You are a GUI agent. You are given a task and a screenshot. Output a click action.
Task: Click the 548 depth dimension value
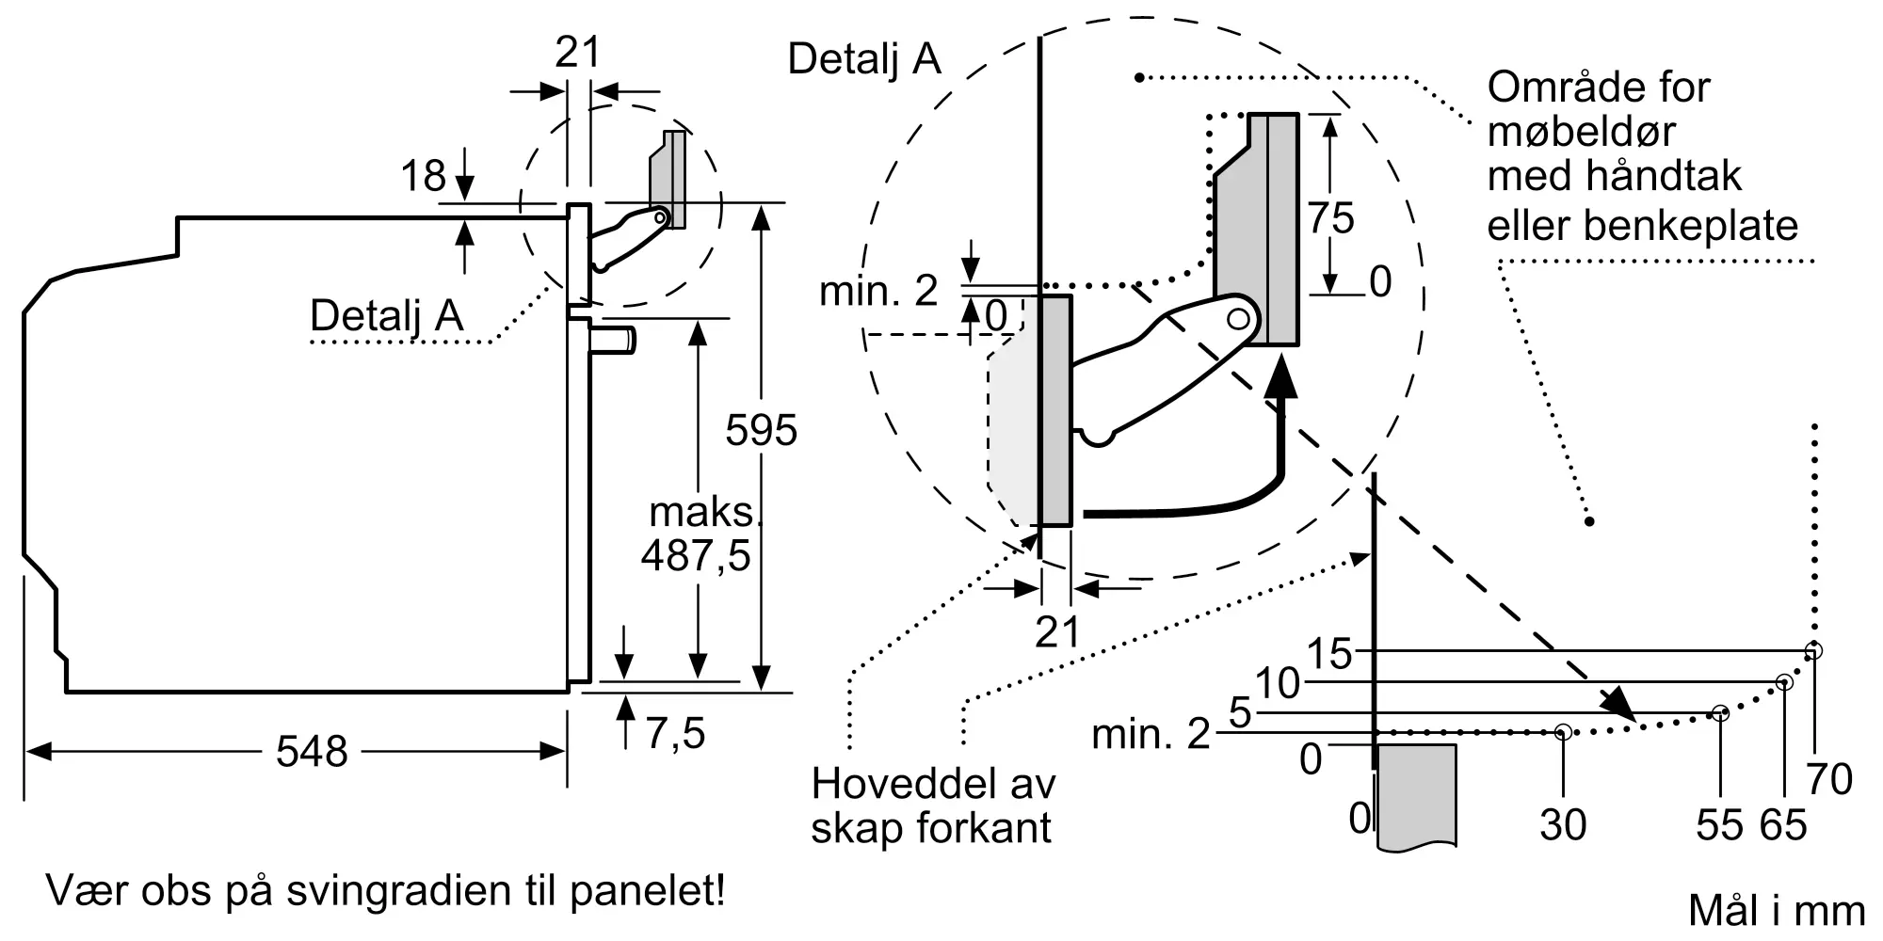point(312,752)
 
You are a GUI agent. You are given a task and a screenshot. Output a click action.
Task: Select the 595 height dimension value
point(761,430)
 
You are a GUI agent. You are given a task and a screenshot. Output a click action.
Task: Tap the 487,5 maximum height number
point(696,555)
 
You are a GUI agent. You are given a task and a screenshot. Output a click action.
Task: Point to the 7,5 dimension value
point(675,733)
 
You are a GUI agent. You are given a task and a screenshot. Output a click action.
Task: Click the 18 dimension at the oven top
point(423,176)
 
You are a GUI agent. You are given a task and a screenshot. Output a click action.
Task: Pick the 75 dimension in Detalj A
point(1330,218)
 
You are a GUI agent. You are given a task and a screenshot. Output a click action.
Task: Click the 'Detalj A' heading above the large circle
point(864,58)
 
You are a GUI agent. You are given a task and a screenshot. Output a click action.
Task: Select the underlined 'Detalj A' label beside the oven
point(387,315)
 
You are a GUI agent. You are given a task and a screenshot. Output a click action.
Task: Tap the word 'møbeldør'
point(1581,131)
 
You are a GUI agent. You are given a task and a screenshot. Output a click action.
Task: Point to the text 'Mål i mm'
point(1777,911)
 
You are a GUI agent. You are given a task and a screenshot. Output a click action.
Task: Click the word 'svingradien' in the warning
point(386,891)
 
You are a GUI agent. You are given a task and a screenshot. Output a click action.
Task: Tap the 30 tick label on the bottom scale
point(1563,824)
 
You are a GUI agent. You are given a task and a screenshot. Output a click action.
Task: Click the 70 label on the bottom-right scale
point(1829,779)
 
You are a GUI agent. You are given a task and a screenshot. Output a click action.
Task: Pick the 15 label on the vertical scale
point(1329,653)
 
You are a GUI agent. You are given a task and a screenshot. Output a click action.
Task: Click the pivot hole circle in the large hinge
point(1239,319)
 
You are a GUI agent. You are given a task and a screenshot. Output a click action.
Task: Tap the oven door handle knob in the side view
point(613,339)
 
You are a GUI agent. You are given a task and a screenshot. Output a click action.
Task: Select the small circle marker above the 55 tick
point(1720,713)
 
